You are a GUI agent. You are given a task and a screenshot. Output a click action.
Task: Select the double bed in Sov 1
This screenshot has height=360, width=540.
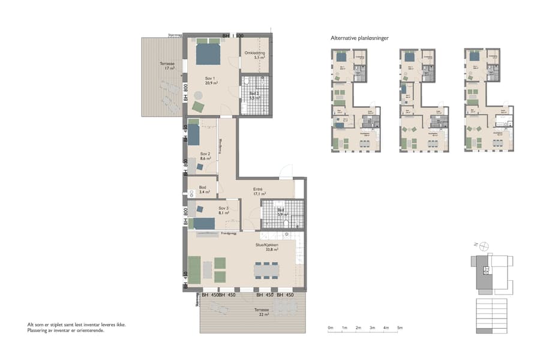209,54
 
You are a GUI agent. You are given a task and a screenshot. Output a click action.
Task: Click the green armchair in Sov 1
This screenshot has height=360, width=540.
199,107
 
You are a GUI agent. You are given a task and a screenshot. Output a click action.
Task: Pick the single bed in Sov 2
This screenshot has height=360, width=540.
194,133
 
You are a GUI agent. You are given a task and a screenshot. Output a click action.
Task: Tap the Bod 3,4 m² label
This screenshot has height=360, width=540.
203,190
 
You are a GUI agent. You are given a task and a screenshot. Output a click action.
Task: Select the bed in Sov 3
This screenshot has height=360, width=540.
204,223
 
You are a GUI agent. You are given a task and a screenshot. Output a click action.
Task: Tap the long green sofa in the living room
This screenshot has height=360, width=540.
194,269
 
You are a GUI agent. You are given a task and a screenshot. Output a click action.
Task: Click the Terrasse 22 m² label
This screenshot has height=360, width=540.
262,313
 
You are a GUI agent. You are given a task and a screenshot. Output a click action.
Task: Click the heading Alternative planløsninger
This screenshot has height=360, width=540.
360,38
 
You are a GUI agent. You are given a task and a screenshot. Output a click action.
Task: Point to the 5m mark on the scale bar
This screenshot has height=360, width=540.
400,328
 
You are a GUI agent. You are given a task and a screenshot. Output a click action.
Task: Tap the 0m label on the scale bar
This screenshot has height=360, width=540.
331,328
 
